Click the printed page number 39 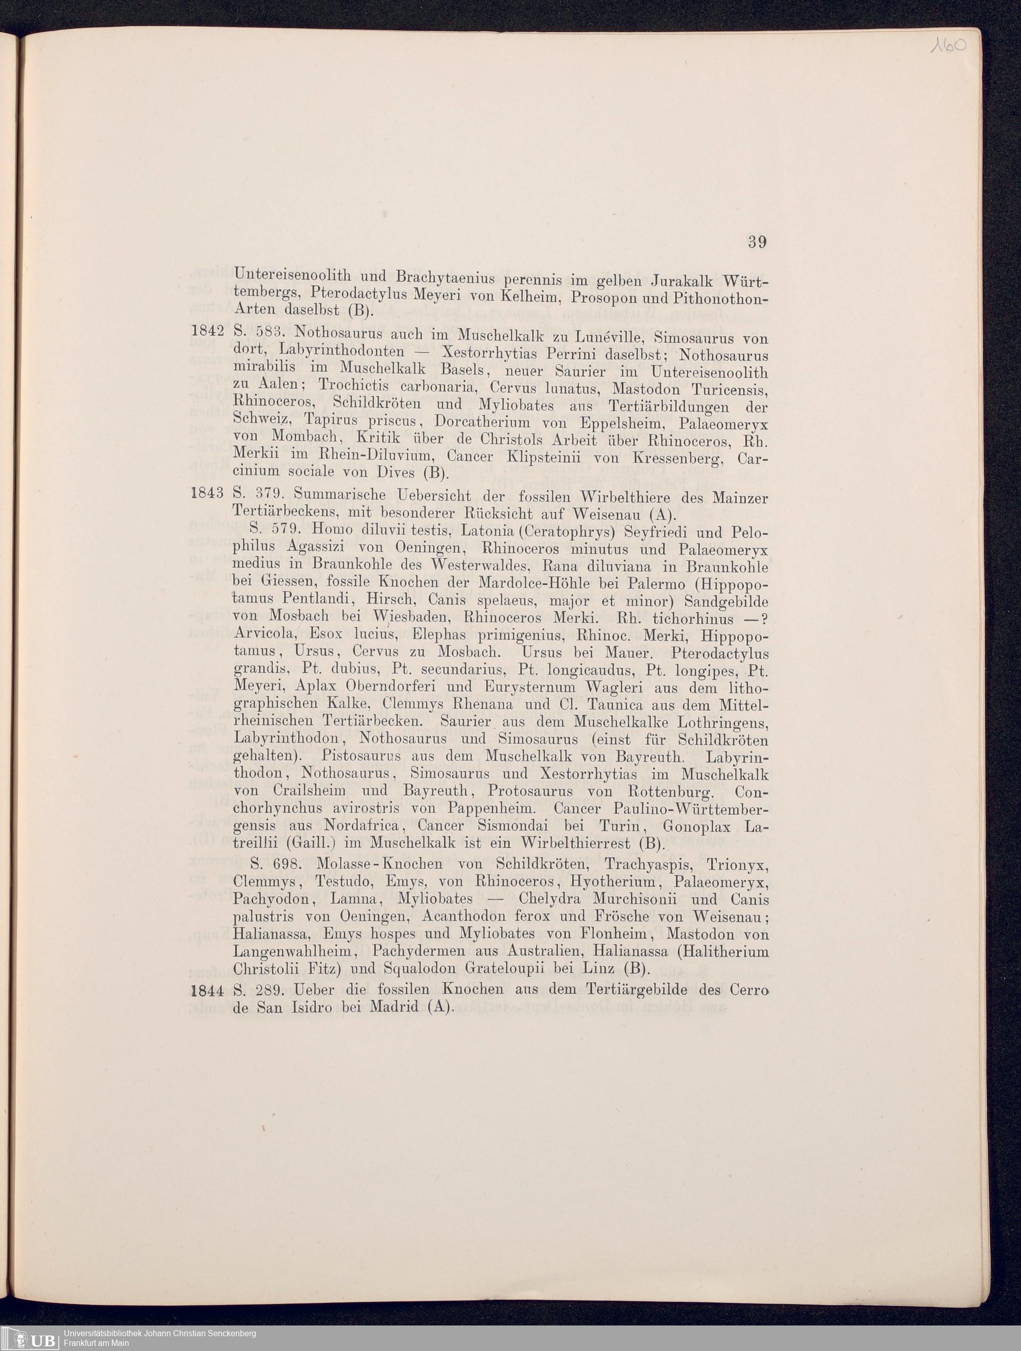pos(757,242)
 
